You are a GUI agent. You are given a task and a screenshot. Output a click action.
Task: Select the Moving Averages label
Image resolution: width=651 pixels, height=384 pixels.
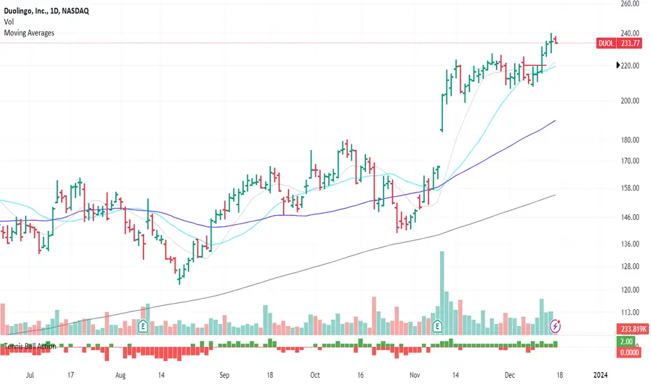[x=29, y=32]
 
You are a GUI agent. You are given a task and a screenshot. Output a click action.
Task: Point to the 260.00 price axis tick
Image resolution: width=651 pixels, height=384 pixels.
[x=630, y=3]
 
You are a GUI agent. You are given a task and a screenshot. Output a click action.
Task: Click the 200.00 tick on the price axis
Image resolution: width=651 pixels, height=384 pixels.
[x=630, y=101]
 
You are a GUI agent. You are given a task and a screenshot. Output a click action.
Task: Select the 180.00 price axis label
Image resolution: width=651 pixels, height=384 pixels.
[x=630, y=140]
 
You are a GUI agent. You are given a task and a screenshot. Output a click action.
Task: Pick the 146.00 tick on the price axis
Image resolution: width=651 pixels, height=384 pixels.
[x=630, y=217]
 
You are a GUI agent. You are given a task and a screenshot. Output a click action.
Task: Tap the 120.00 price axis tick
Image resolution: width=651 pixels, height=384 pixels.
[x=630, y=290]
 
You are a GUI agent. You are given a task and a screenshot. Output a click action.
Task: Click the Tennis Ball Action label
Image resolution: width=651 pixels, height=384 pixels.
[x=31, y=346]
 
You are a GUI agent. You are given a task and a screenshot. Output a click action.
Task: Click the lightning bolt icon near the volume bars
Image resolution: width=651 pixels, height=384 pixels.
[x=555, y=325]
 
